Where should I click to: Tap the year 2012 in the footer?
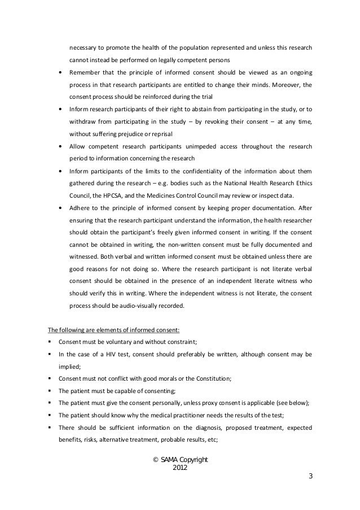point(180,469)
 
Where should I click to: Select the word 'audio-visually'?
point(139,306)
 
